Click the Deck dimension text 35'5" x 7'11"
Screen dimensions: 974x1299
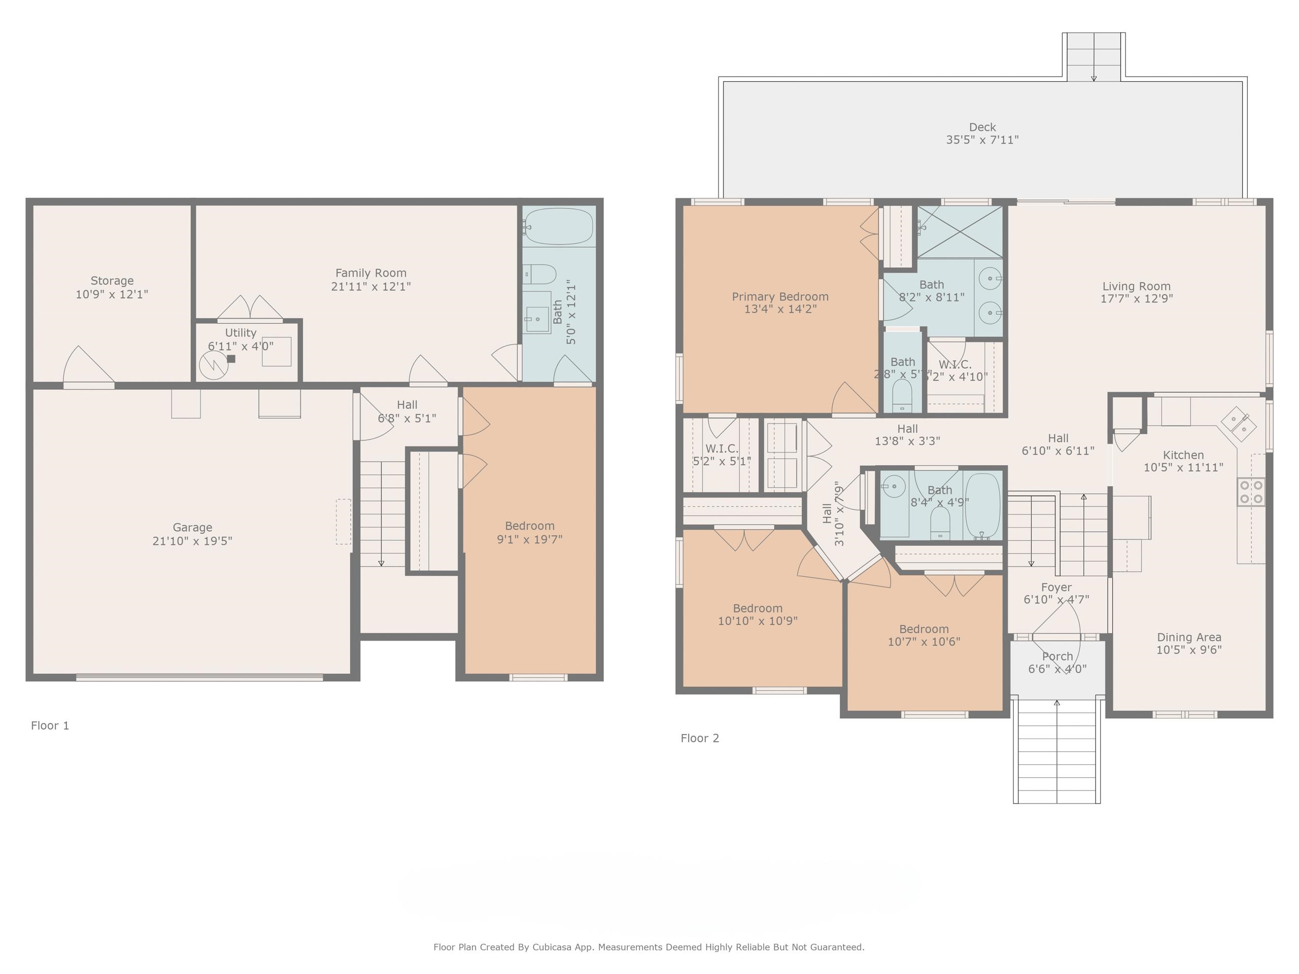point(982,140)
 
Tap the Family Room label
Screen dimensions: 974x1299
point(370,273)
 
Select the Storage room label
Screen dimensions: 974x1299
point(112,281)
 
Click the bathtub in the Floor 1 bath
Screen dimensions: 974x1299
point(559,226)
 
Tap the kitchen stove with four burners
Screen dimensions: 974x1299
point(1251,492)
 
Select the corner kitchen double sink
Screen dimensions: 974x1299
point(1239,424)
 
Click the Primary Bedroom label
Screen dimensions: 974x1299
point(780,296)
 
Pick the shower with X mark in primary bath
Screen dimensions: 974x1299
point(960,232)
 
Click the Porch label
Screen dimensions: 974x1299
point(1057,656)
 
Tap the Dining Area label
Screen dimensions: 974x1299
point(1188,637)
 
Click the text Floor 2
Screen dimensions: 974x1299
point(699,738)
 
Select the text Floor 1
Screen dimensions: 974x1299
point(50,725)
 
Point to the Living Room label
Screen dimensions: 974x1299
point(1136,287)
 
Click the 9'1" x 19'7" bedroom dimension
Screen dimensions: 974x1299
point(529,539)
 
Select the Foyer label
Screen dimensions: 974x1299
point(1056,587)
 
